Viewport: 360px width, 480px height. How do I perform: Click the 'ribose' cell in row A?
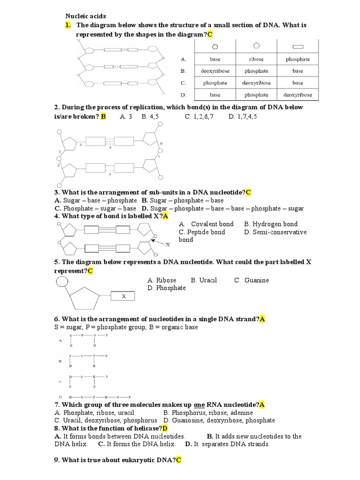[256, 60]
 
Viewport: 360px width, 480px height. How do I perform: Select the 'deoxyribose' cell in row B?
[215, 71]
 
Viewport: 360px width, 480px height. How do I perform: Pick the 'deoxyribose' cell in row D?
[298, 95]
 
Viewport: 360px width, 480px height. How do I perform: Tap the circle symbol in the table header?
[215, 46]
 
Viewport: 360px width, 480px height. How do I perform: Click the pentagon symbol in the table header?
[256, 45]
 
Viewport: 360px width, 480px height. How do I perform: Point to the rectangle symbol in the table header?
[298, 46]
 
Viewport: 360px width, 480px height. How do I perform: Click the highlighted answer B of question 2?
[104, 117]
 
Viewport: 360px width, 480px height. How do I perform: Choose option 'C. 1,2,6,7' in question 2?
[199, 117]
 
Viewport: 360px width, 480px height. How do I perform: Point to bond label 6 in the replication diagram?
[161, 143]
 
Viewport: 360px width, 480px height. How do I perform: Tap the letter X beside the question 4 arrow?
[167, 245]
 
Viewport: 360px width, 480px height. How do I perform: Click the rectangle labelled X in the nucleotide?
[123, 296]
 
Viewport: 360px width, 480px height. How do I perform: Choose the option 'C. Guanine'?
[252, 280]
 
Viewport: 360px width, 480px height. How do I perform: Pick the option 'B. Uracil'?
[204, 280]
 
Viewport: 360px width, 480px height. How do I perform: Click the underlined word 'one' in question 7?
[200, 405]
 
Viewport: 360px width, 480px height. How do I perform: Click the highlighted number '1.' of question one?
[68, 25]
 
